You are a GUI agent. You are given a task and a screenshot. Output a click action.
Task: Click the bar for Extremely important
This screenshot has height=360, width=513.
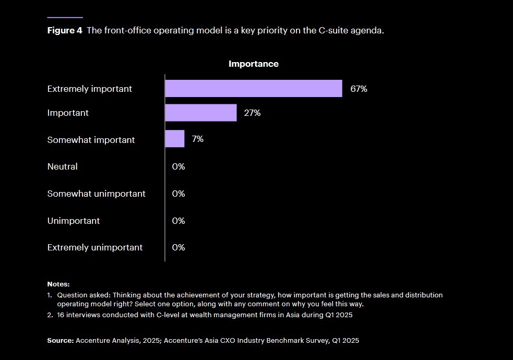(253, 89)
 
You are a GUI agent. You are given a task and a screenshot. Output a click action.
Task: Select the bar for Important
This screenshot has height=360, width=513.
(200, 113)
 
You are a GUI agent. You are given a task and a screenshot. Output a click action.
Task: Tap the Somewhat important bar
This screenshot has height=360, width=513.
(174, 139)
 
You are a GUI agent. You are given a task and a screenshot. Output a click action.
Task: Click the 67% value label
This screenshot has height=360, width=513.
(359, 89)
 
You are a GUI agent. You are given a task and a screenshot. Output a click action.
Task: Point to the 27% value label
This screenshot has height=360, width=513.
(252, 113)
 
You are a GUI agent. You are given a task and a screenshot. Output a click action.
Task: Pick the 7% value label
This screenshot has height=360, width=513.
(197, 139)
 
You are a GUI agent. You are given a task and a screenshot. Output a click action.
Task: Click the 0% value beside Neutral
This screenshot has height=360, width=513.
(178, 167)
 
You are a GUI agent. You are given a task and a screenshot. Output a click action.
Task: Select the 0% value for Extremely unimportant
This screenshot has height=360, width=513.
(178, 247)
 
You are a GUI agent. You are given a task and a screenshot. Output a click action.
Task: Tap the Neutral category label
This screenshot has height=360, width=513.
(62, 167)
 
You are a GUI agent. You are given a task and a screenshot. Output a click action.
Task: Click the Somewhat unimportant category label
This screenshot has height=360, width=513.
(96, 194)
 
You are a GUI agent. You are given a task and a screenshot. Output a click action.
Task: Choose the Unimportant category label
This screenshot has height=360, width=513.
(74, 221)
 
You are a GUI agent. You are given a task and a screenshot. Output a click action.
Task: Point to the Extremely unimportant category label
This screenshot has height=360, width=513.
(94, 247)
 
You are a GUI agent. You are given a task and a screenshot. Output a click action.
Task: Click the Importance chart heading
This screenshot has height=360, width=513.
(253, 64)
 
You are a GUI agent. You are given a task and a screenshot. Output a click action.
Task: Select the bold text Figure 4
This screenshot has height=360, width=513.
(65, 30)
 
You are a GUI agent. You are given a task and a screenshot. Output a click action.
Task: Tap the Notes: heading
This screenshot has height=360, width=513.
(58, 284)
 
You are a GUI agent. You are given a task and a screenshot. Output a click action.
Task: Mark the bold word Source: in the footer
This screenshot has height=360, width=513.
(60, 340)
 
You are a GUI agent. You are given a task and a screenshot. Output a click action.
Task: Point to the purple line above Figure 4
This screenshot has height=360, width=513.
(65, 18)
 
